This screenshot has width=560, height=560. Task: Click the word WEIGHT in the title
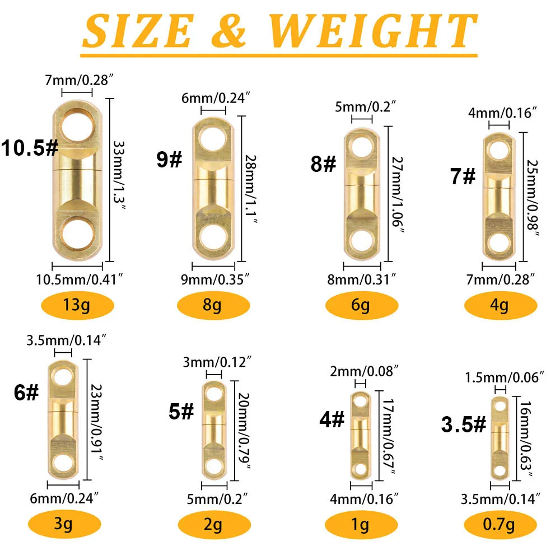coord(373,31)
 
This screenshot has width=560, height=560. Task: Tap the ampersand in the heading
coord(228,31)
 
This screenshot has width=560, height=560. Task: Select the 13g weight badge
coord(77,305)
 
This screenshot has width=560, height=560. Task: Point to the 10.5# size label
coord(29,147)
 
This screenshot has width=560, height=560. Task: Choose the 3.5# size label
coord(464,424)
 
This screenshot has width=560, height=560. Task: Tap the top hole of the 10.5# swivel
coord(78,127)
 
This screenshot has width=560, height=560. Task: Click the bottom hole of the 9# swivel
coord(213,237)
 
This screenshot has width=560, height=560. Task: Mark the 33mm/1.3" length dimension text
coord(119,176)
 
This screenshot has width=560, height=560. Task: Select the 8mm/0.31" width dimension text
coord(361,279)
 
